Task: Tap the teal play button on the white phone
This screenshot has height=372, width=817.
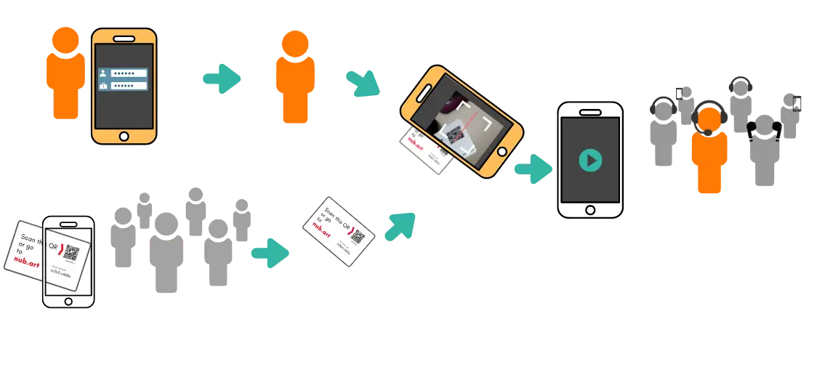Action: pyautogui.click(x=590, y=159)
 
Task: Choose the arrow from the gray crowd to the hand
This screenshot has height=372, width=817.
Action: pyautogui.click(x=269, y=251)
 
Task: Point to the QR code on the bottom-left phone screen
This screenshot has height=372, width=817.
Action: pyautogui.click(x=71, y=252)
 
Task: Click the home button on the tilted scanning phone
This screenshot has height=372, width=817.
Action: pyautogui.click(x=502, y=151)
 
